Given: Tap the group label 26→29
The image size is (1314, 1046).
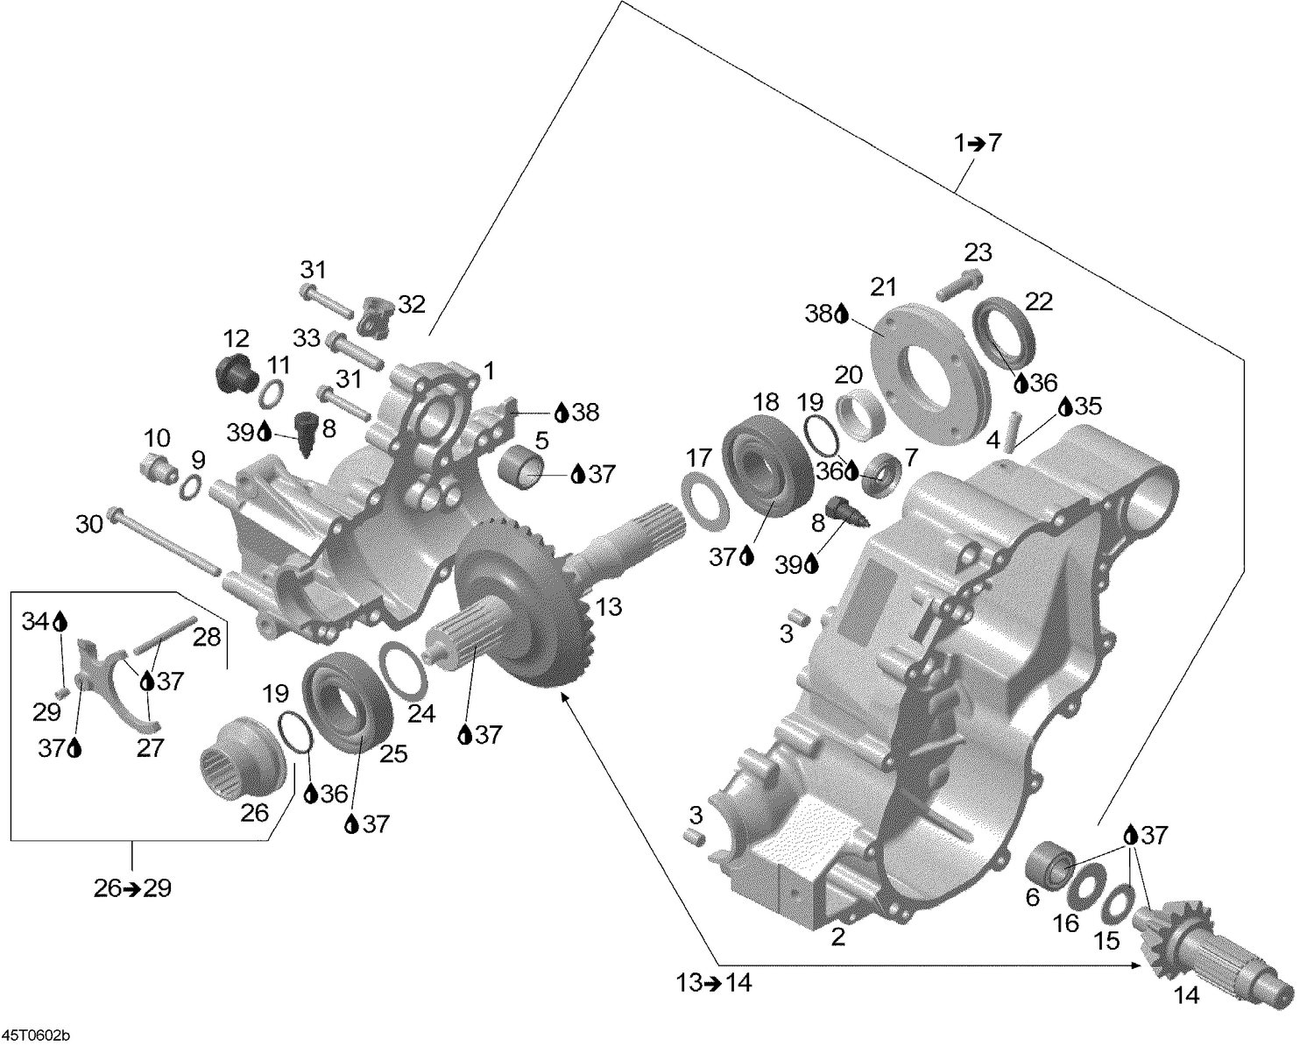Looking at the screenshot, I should [132, 887].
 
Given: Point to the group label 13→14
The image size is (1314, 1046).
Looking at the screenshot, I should [713, 983].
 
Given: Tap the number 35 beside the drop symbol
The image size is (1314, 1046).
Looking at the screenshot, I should [1090, 406].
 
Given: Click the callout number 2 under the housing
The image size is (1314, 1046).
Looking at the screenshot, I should [838, 936].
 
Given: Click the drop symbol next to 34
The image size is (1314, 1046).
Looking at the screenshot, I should [60, 622].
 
